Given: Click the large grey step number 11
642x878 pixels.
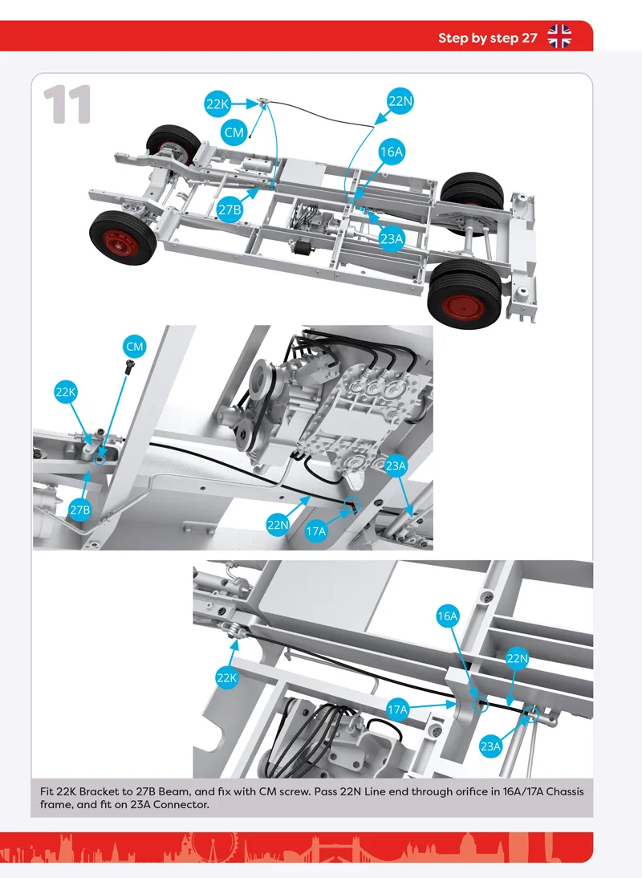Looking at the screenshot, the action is pos(67,104).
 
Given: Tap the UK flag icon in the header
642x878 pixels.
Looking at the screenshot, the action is pos(559,37).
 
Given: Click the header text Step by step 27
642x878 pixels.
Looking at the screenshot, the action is pos(487,38).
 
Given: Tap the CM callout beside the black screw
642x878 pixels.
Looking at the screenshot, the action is pos(134,347).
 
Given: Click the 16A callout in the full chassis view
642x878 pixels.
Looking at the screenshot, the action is pos(392,152).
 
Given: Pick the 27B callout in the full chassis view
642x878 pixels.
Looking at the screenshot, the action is pos(229,210).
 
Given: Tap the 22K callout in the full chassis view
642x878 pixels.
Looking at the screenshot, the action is pos(217,104).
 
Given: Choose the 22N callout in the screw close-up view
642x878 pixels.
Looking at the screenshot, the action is pos(278,525).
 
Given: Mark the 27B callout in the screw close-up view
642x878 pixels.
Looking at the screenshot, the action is pos(79,510).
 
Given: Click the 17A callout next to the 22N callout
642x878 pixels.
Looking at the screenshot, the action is pos(315,530).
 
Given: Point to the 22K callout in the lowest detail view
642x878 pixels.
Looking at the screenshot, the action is pos(226,677).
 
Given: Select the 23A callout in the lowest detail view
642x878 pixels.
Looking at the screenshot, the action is pos(490,746).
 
